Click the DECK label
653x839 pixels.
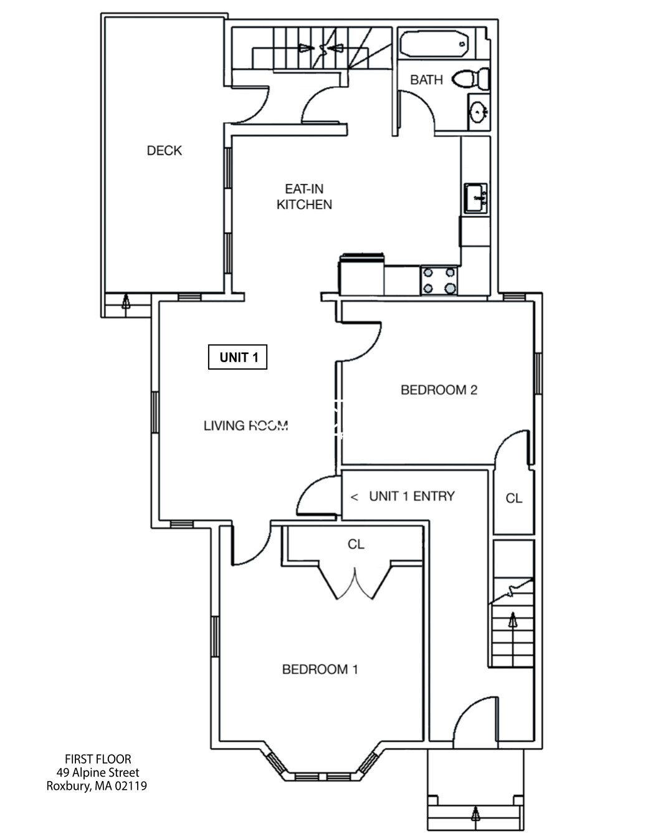pos(164,150)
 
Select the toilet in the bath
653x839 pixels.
pos(471,79)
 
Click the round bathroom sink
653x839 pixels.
pos(479,113)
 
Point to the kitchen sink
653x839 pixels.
pos(475,198)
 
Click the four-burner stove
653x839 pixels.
pos(439,280)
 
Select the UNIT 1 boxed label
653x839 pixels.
pos(237,357)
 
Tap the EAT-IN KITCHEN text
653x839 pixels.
pos(304,196)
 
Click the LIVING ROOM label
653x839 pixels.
pos(245,426)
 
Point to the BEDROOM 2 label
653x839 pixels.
pos(439,390)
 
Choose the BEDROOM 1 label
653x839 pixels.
pos(320,669)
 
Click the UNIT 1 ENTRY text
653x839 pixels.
pos(411,496)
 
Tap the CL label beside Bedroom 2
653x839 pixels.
pos(513,498)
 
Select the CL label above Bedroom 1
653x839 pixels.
pos(356,544)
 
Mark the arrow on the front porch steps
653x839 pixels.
pos(476,813)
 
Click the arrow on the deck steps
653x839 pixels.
pos(126,302)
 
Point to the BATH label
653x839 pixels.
pos(426,80)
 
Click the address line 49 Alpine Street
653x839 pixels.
pos(97,772)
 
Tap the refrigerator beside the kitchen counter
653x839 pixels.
pos(361,275)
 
